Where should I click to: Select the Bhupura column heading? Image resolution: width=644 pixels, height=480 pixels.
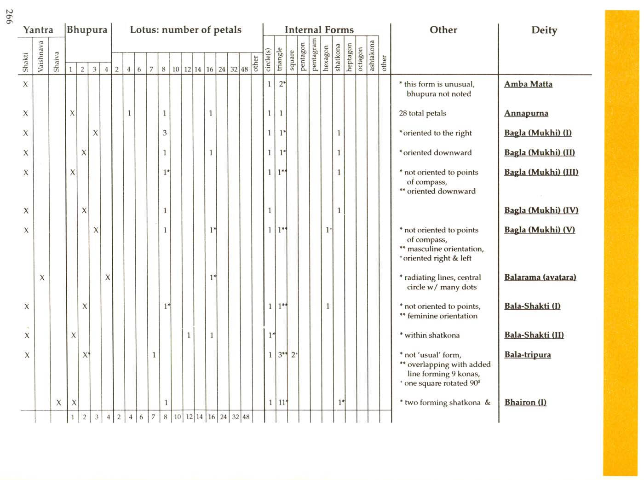87,30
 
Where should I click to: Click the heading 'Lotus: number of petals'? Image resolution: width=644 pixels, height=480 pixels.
185,30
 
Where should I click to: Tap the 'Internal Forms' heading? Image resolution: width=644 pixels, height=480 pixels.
319,30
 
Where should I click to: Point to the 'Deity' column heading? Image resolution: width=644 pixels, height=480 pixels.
544,30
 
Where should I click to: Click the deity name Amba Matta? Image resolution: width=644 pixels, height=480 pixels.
528,84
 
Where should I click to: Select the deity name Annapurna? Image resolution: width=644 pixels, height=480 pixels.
526,113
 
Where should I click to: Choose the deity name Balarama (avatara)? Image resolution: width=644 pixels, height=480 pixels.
540,278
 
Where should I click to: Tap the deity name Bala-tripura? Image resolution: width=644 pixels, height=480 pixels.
527,355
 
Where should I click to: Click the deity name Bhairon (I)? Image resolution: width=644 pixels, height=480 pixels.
525,402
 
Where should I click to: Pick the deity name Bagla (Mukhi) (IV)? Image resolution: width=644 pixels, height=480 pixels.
541,210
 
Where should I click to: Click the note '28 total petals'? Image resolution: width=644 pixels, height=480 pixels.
422,113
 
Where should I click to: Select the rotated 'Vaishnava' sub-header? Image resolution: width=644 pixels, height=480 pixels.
41,56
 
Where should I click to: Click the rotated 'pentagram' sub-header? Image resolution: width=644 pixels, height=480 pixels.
314,55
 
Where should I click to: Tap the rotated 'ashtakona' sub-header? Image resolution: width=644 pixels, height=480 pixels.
372,56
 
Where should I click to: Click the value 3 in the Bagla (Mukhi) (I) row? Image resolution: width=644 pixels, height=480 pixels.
164,133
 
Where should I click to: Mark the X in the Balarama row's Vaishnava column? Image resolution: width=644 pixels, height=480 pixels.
42,278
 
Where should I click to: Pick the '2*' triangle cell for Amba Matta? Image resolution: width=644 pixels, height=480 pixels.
282,84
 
